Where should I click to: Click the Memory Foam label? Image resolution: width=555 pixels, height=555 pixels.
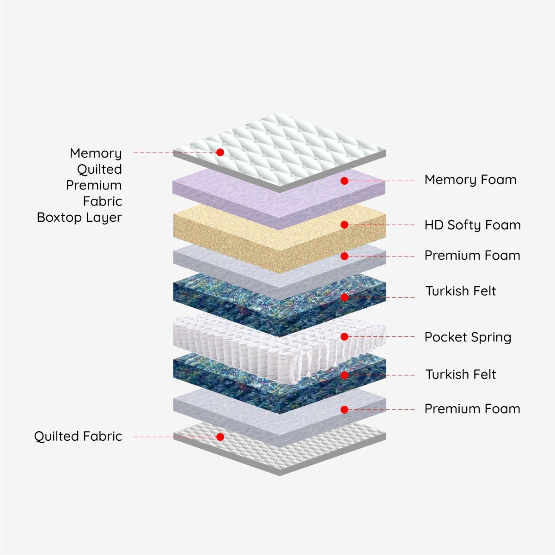[470, 180]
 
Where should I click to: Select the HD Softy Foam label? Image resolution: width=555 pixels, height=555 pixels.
[472, 225]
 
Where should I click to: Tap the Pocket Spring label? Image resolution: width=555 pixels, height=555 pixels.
[468, 337]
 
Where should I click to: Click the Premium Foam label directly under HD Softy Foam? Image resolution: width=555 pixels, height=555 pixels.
[472, 256]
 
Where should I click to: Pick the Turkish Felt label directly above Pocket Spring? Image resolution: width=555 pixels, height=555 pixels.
[460, 291]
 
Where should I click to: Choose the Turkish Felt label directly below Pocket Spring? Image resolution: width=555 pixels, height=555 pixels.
[460, 374]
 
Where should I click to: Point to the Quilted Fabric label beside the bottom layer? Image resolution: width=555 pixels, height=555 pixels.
[78, 436]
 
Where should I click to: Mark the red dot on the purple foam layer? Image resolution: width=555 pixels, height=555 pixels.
[344, 181]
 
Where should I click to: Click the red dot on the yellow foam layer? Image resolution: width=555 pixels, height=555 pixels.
[344, 225]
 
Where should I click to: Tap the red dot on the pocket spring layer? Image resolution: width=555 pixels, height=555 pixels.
[344, 337]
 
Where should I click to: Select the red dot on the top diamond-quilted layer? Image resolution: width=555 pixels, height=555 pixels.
[220, 152]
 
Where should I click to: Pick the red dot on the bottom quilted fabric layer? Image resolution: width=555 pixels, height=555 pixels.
[220, 437]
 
